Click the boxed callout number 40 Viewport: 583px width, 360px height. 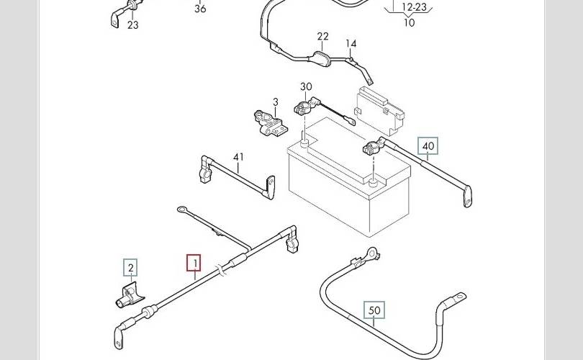(428, 146)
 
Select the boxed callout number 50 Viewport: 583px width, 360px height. (374, 311)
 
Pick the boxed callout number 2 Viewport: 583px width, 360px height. (130, 269)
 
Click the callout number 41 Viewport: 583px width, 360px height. (239, 156)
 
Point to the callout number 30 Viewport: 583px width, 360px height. (306, 87)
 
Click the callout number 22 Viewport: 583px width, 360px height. (322, 37)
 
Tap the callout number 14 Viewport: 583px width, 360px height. (351, 44)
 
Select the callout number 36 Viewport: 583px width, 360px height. (200, 9)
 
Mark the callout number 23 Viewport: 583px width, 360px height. (132, 25)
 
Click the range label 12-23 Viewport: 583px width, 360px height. (414, 8)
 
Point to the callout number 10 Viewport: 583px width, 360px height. (410, 22)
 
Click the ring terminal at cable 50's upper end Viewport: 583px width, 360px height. (373, 253)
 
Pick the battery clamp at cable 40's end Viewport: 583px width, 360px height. (372, 149)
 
